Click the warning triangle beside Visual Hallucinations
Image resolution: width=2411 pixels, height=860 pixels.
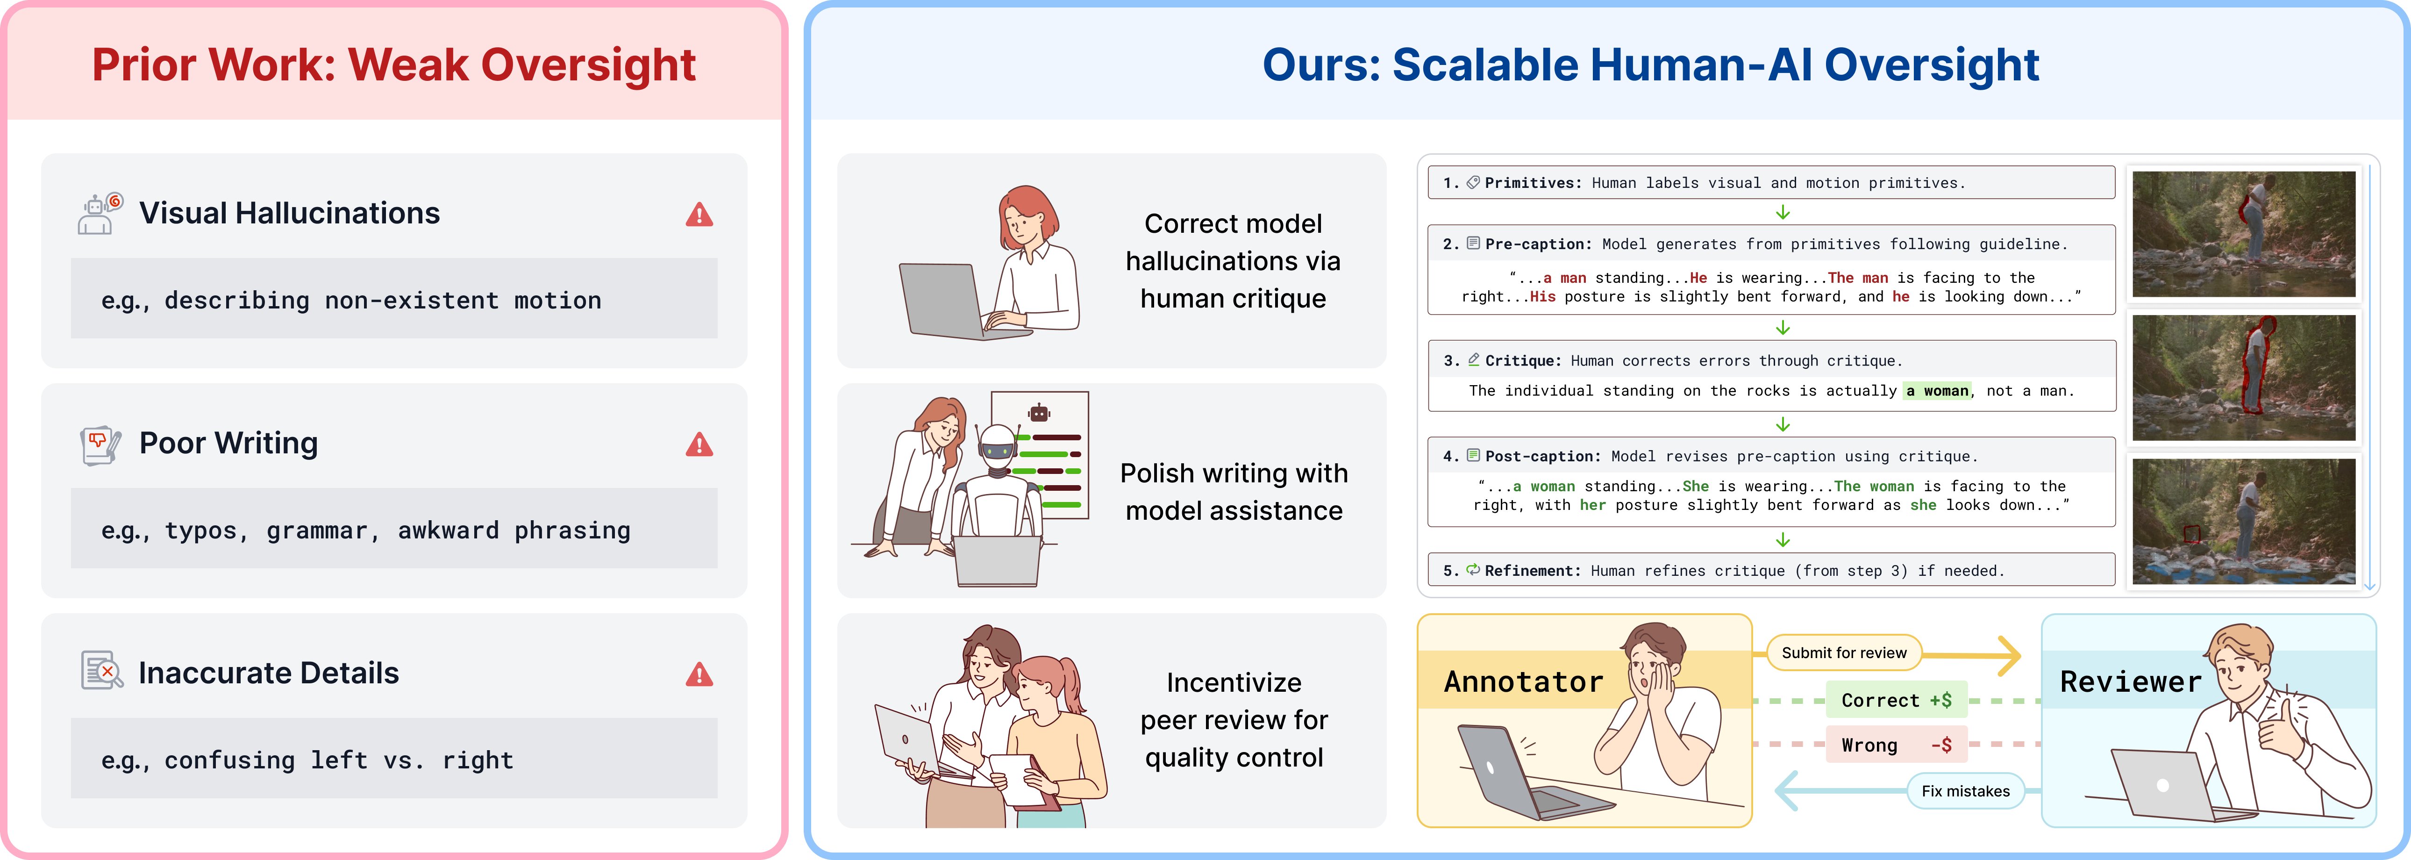(699, 214)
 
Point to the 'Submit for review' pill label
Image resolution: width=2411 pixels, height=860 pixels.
(1844, 652)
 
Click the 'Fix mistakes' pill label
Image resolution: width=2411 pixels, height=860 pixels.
(1966, 791)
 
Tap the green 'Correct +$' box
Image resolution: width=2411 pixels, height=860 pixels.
(1896, 700)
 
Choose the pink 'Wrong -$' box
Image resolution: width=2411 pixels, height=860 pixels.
(1896, 745)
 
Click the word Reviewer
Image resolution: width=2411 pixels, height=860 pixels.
(2131, 681)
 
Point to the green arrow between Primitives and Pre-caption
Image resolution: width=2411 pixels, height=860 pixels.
(1783, 212)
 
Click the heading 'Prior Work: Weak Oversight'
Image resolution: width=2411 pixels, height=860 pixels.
(394, 64)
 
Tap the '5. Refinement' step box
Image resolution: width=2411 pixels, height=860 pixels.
(1771, 570)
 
